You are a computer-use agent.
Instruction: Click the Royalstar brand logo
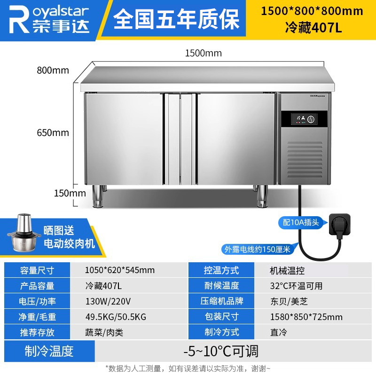(x=49, y=19)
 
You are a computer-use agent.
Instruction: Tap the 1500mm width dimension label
(x=204, y=53)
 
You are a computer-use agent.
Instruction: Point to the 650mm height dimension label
(x=53, y=133)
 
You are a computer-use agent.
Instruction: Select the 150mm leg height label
(x=70, y=193)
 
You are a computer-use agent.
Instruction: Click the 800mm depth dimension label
(x=53, y=70)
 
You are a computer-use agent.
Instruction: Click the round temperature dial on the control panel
(x=311, y=119)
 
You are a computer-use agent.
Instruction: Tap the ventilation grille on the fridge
(x=305, y=159)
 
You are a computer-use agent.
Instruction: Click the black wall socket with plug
(x=339, y=225)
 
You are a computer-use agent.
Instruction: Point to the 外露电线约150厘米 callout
(x=257, y=250)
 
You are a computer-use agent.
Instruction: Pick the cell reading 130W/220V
(x=108, y=301)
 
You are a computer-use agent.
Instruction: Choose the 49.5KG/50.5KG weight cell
(x=116, y=317)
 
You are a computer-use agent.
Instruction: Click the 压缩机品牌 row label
(x=221, y=301)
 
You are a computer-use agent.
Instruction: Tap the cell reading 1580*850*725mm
(x=306, y=317)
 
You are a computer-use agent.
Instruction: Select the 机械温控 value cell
(x=287, y=271)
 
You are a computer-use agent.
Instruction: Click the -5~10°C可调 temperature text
(x=221, y=351)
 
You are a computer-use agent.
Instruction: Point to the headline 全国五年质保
(x=176, y=19)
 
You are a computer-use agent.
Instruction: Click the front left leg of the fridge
(x=98, y=196)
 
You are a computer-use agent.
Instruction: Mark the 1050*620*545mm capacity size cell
(x=120, y=270)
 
